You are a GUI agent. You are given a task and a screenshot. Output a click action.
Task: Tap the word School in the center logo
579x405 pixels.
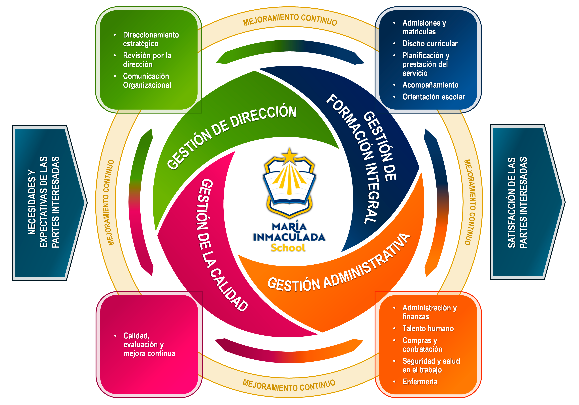pos(288,248)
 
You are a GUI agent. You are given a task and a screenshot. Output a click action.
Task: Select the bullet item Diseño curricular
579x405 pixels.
pos(430,44)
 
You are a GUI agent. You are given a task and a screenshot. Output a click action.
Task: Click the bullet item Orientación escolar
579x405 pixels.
pos(434,97)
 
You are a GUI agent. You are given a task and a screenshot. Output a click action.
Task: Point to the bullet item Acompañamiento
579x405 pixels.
pos(430,85)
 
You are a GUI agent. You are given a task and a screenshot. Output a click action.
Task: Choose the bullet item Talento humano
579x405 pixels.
pos(428,328)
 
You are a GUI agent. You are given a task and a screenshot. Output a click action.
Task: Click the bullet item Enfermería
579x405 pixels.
pos(420,382)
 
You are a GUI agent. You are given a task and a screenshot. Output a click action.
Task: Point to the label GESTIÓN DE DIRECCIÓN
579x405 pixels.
pos(232,136)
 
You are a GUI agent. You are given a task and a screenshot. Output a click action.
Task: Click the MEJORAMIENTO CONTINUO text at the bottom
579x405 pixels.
pos(289,385)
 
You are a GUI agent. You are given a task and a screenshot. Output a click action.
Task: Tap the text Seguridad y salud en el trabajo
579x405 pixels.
pos(431,365)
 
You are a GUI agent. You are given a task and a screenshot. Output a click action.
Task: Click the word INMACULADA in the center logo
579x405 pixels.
pos(289,237)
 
